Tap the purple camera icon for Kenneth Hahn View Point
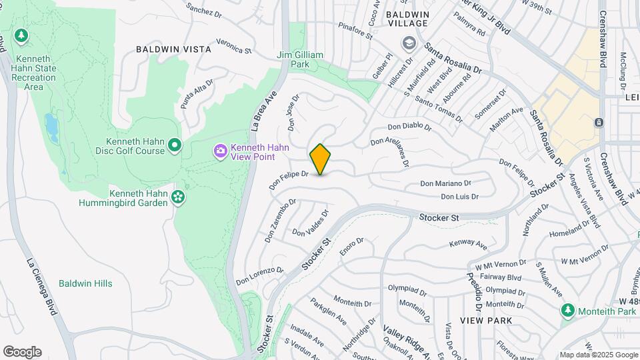coord(220,152)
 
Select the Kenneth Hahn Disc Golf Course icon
coord(175,145)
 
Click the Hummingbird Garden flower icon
coord(177,196)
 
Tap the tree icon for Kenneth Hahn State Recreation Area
coord(21,35)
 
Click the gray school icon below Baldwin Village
coord(408,44)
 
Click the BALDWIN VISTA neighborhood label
coord(173,49)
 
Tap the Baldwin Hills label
coord(85,283)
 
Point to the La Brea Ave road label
coord(263,111)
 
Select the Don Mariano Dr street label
coord(445,183)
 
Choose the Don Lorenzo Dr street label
coord(259,275)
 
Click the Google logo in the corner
coord(22,352)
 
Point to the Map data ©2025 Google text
coord(598,355)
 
